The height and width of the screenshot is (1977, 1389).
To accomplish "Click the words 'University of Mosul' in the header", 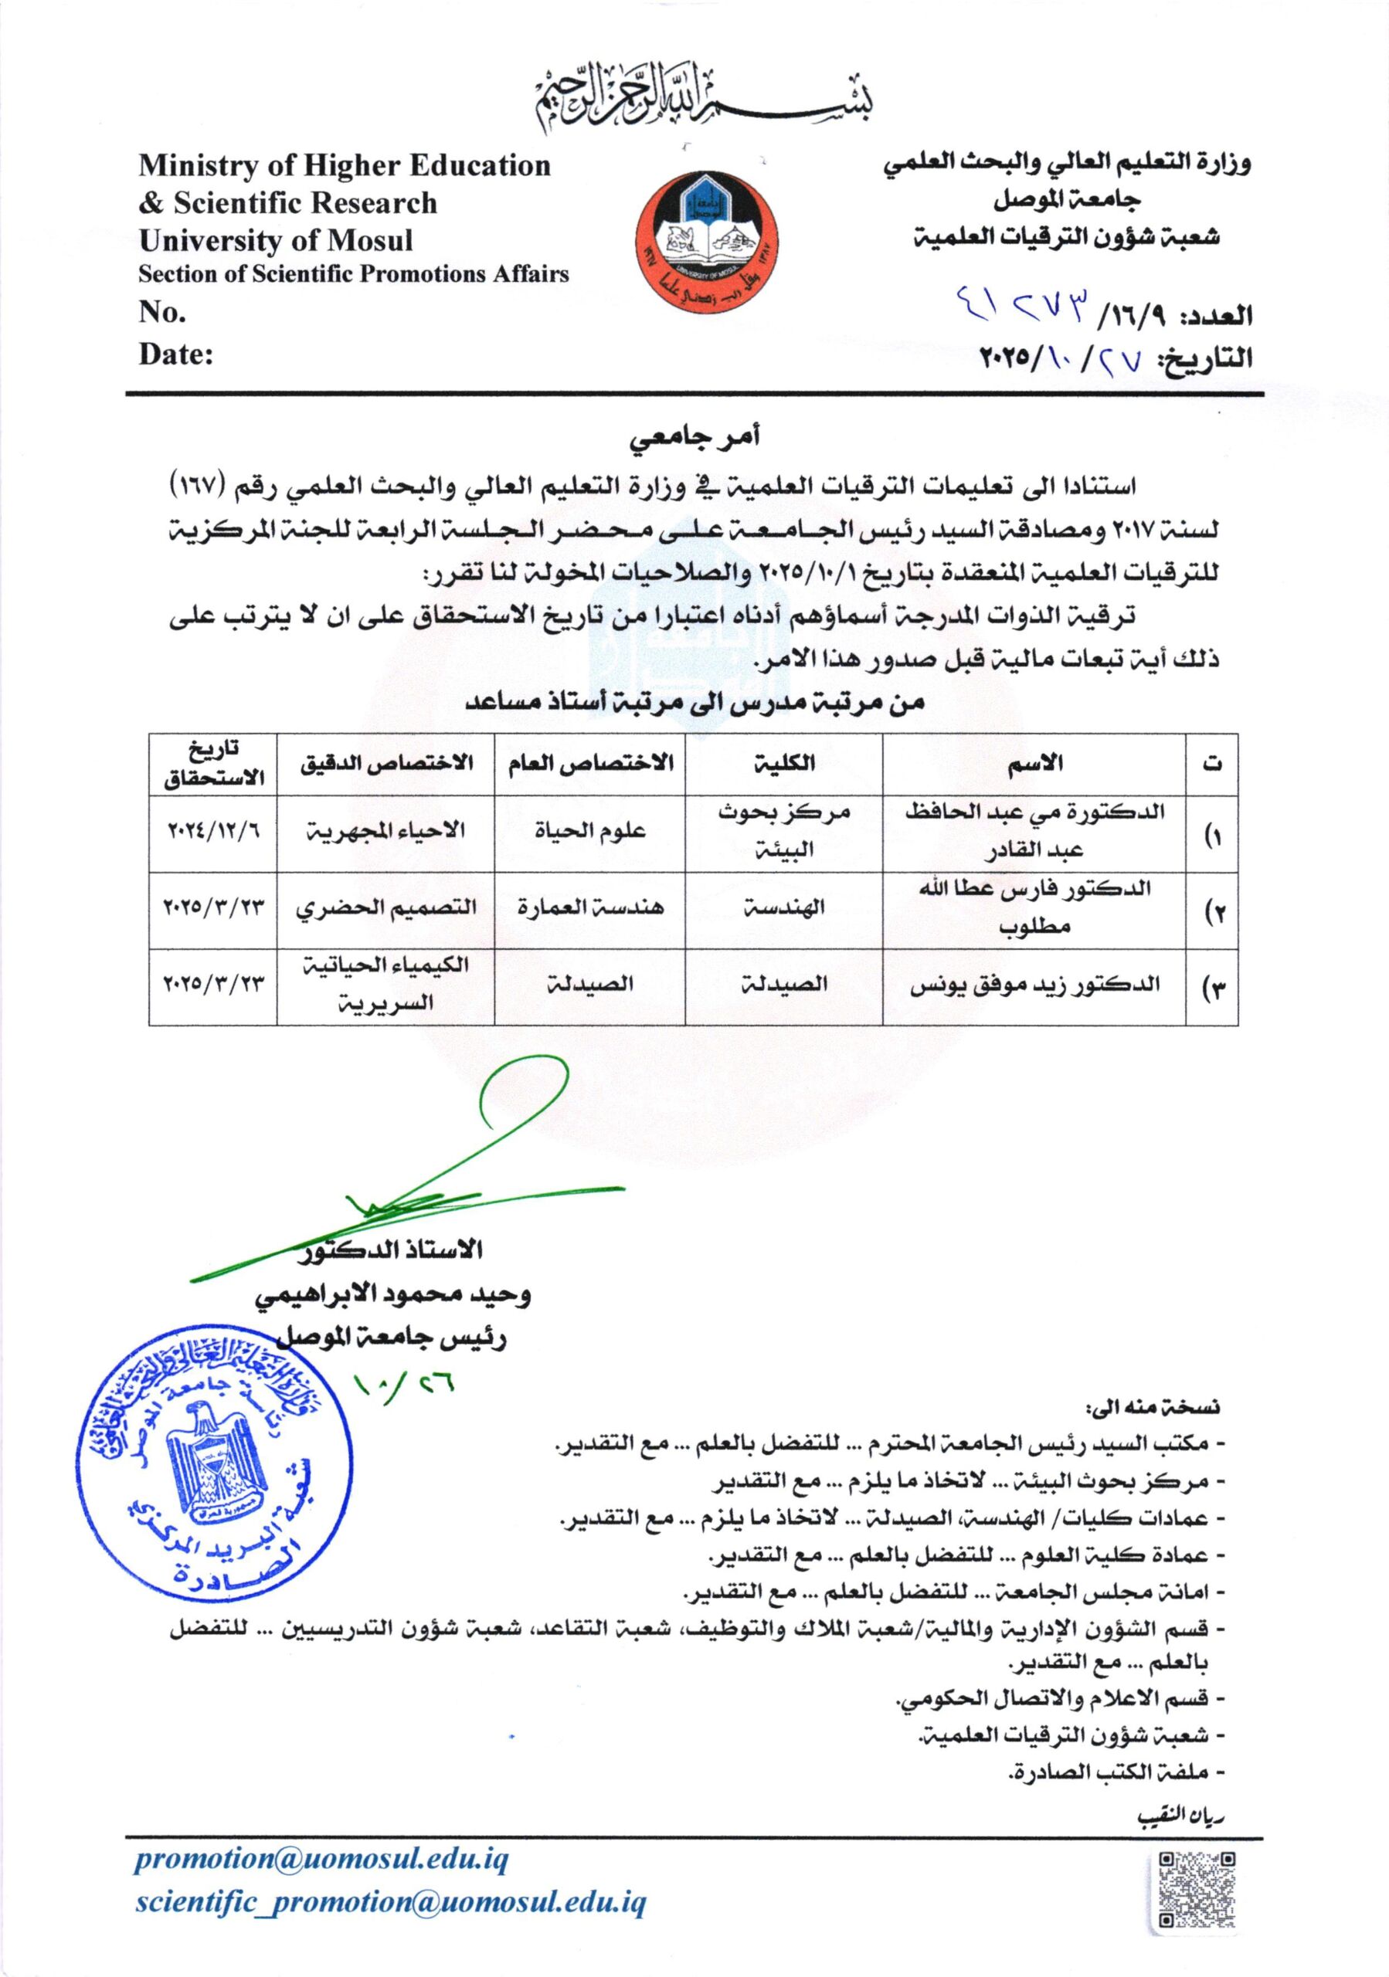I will pos(276,239).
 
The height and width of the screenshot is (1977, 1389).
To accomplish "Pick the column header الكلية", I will pos(783,762).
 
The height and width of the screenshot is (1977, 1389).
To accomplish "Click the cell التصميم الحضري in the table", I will pos(385,907).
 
